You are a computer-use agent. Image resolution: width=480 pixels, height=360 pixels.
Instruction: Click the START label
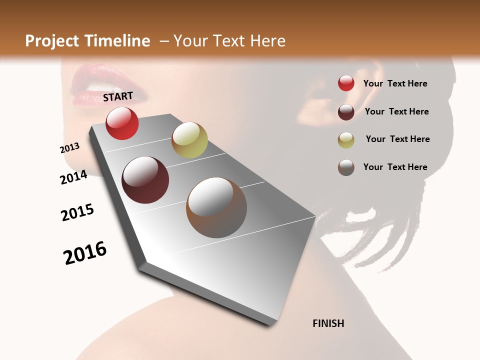coord(118,96)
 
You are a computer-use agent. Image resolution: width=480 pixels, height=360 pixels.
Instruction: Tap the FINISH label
coord(328,323)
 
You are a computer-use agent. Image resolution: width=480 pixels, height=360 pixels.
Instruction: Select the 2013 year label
coord(70,147)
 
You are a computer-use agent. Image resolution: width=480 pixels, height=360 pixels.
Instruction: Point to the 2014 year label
coord(74,177)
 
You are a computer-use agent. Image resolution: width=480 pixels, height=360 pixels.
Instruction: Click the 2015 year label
coord(77,212)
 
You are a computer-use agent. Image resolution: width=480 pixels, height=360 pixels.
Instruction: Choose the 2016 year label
coord(85,253)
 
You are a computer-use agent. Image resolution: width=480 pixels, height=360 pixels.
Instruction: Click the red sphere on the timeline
coord(122,123)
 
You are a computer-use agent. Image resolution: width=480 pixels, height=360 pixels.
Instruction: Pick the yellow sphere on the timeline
coord(189,139)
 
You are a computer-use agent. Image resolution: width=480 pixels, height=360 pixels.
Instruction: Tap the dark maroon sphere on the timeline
coord(145,180)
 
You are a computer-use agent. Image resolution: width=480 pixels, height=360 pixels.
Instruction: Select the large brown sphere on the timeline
coord(216,207)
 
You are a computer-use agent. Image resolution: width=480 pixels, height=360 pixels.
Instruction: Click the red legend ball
coord(346,83)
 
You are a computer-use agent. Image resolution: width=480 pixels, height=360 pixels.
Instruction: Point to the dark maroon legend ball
coord(346,112)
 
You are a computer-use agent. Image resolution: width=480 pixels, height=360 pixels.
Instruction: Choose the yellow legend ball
coord(346,139)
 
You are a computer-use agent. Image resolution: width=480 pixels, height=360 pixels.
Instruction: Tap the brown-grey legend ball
coord(346,167)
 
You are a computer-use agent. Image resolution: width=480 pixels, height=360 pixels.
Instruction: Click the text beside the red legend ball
coord(395,83)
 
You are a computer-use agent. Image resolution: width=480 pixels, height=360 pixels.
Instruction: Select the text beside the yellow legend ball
coord(397,139)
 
